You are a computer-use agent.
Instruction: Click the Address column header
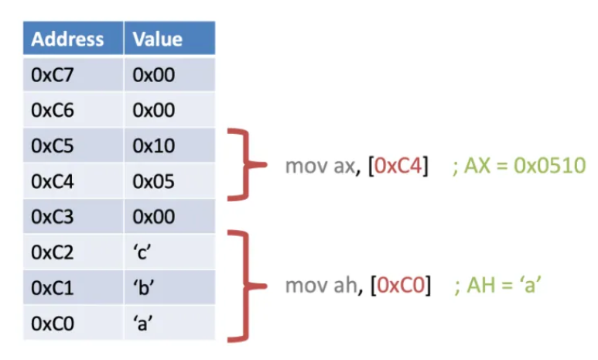(67, 39)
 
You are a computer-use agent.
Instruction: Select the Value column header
(158, 39)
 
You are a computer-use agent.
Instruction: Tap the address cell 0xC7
(53, 75)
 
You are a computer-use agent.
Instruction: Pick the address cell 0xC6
(53, 111)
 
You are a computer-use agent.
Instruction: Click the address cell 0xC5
(53, 146)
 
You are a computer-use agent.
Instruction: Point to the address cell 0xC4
(53, 182)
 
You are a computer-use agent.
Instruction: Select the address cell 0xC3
(53, 217)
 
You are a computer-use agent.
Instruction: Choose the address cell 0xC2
(53, 252)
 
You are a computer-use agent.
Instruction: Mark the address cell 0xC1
(53, 287)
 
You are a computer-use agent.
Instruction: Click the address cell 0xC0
(53, 323)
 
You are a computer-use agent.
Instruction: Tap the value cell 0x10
(154, 146)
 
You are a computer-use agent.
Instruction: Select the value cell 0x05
(154, 182)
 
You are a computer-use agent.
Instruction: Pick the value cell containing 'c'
(144, 252)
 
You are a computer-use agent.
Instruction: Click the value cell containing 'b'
(144, 287)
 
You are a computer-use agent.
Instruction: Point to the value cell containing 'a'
(144, 323)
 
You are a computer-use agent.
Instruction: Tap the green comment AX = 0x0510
(519, 165)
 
